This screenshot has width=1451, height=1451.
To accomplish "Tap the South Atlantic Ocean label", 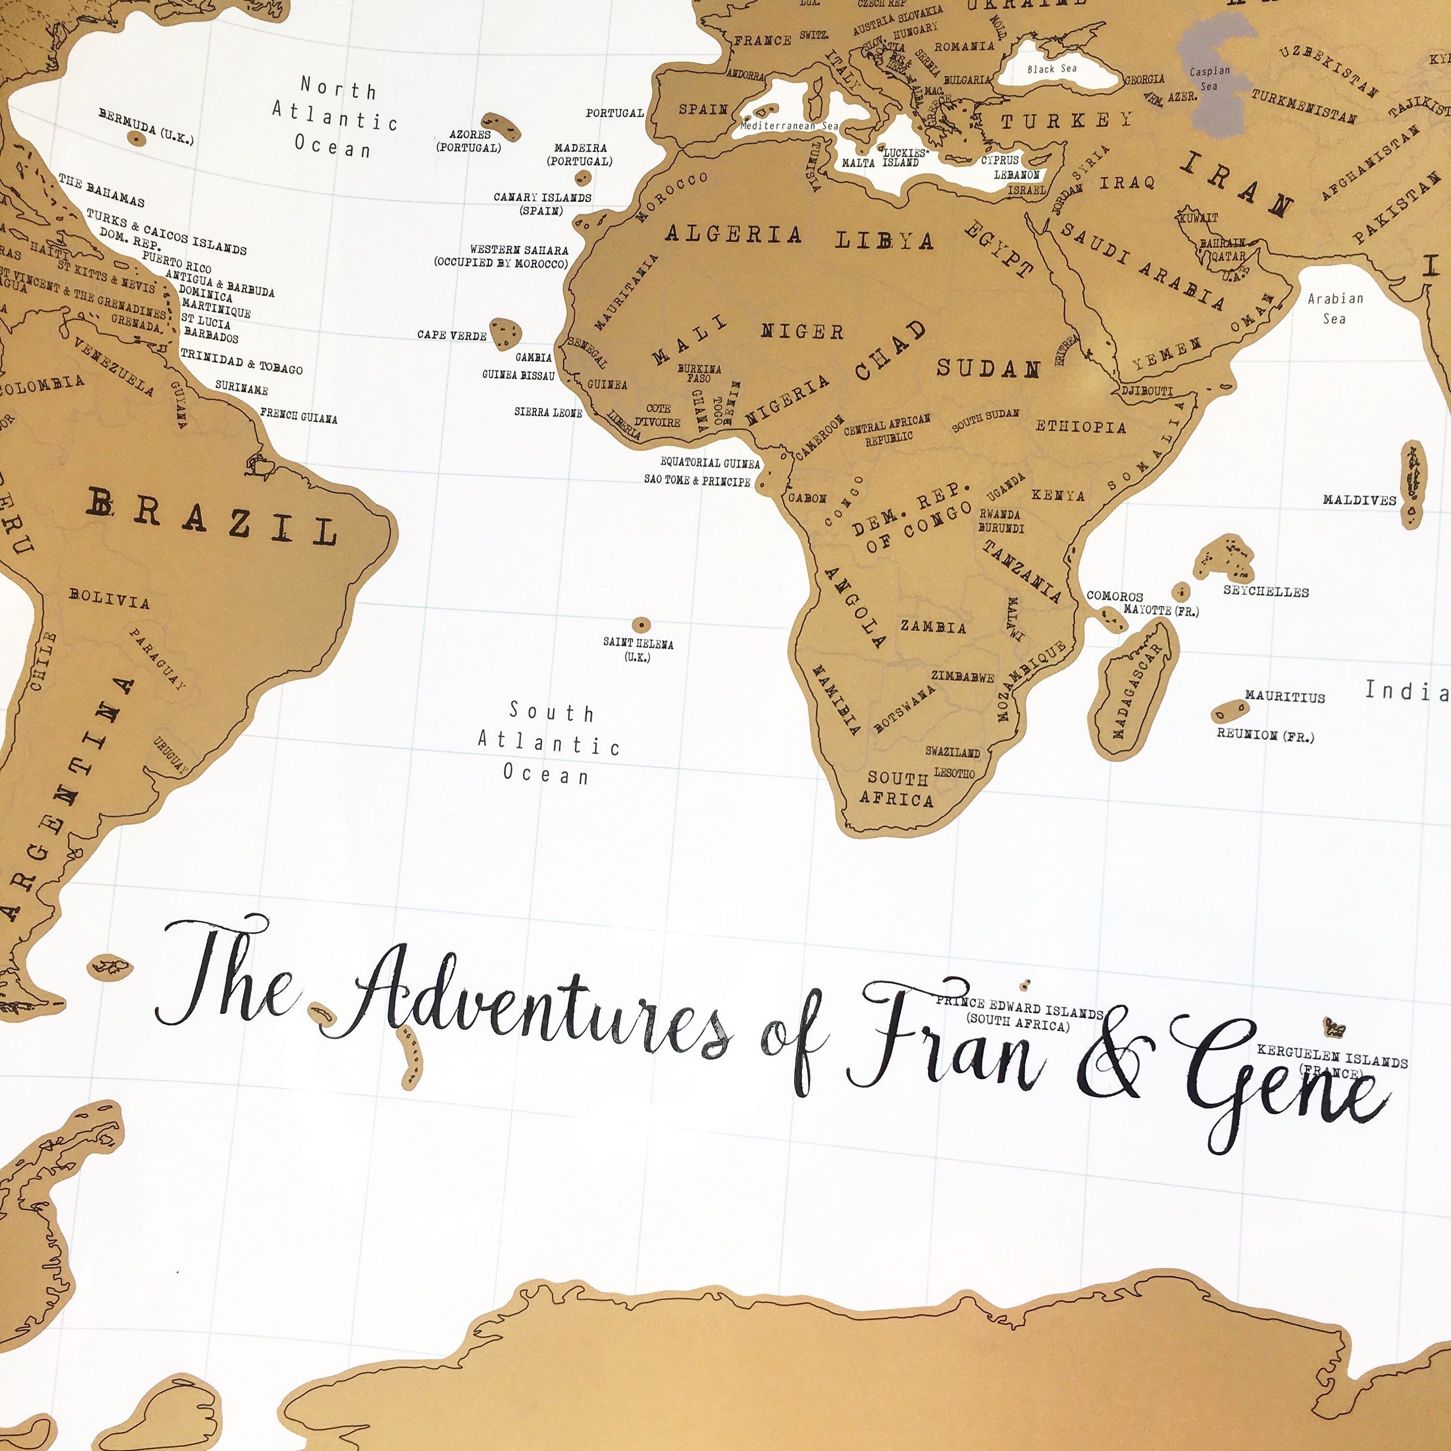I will pos(550,743).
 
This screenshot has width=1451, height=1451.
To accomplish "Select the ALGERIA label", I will pos(734,234).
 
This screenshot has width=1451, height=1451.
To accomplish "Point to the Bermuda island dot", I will pos(135,138).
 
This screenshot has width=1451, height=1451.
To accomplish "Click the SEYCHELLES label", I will pos(1265,592).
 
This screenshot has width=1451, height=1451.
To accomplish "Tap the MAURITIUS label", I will pos(1284,697).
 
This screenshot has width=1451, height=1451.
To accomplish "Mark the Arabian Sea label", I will pos(1334,309).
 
